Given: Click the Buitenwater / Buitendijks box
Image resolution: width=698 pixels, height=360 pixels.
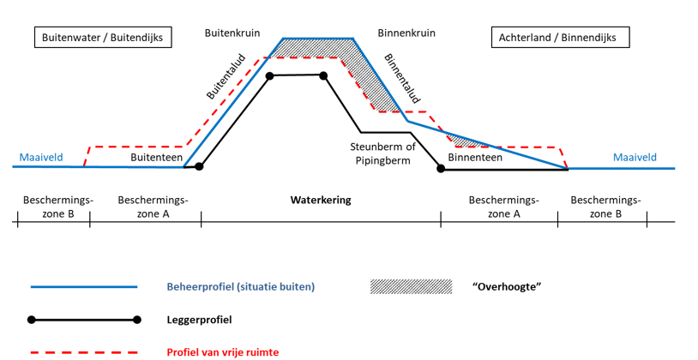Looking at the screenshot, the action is pyautogui.click(x=103, y=38).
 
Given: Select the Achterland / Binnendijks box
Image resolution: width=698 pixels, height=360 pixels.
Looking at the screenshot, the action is pyautogui.click(x=560, y=38).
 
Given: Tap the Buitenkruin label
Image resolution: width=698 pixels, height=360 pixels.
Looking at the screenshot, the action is pyautogui.click(x=232, y=33).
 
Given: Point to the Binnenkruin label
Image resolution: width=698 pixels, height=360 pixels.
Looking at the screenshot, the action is pyautogui.click(x=406, y=33).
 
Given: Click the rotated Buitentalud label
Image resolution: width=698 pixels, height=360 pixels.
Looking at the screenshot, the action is pyautogui.click(x=226, y=76).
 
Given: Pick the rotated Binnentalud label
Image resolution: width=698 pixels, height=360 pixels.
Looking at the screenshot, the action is pyautogui.click(x=402, y=79).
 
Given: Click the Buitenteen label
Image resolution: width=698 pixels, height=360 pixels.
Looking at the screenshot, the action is pyautogui.click(x=156, y=157).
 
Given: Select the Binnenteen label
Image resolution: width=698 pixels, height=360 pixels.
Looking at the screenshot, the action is pyautogui.click(x=475, y=157).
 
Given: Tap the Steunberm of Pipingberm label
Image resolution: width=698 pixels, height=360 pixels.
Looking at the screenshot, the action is pyautogui.click(x=382, y=153).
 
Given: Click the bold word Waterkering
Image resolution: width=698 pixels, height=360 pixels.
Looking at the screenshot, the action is pyautogui.click(x=321, y=201).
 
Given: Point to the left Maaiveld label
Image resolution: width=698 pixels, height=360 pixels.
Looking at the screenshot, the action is pyautogui.click(x=41, y=157).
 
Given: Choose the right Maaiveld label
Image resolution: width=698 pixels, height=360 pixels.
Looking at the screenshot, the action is pyautogui.click(x=635, y=157).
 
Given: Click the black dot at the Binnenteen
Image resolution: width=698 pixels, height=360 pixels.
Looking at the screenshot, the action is pyautogui.click(x=441, y=169).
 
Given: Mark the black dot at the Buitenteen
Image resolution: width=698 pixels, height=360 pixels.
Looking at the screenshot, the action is pyautogui.click(x=199, y=166).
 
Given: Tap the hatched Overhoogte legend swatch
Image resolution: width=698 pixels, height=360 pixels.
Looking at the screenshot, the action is pyautogui.click(x=411, y=286).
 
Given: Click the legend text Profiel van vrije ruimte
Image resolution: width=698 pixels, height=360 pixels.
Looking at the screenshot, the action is pyautogui.click(x=223, y=352).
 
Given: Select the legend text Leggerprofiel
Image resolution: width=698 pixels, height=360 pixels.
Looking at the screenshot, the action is pyautogui.click(x=199, y=320).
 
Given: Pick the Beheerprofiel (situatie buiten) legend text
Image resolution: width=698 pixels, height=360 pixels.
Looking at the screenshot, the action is pyautogui.click(x=240, y=286).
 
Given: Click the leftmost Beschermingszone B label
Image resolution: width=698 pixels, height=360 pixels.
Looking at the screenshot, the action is pyautogui.click(x=57, y=207).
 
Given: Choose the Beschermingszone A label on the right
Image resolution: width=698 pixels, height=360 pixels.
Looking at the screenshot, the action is pyautogui.click(x=503, y=207).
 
